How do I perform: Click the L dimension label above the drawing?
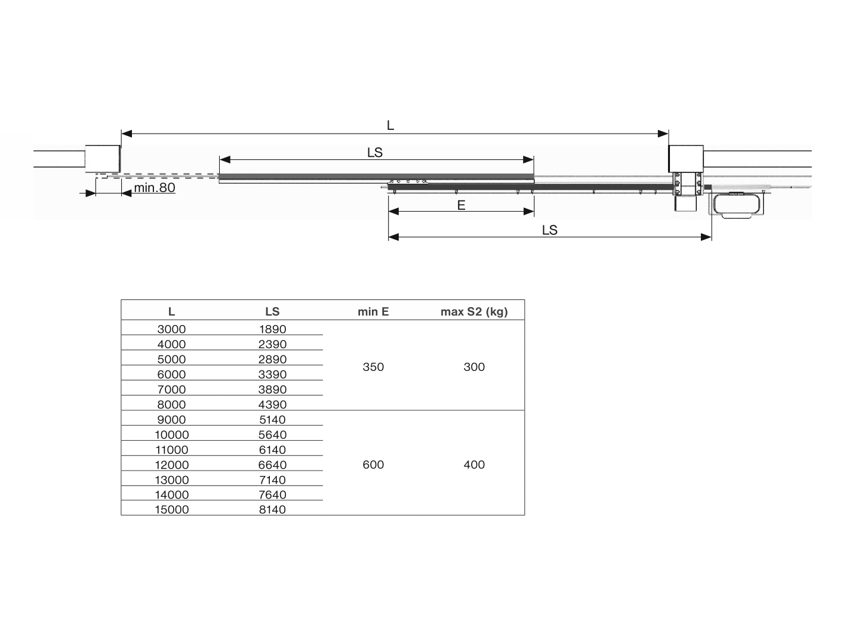point(390,125)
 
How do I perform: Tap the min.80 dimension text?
point(154,188)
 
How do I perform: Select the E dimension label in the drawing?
point(461,205)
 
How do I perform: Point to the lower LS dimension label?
point(549,230)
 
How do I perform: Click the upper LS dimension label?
point(374,153)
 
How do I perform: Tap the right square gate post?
point(685,159)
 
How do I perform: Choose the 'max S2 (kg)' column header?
point(474,311)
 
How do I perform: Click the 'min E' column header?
point(373,311)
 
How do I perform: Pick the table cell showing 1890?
point(272,329)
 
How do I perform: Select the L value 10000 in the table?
point(171,435)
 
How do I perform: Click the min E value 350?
point(373,367)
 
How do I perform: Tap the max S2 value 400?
point(474,465)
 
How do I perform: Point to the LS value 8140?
point(272,509)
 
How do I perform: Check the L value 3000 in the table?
point(171,329)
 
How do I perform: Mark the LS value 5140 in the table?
point(272,419)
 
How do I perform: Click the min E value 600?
point(373,465)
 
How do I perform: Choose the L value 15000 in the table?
point(171,509)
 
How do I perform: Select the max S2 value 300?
point(474,367)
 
